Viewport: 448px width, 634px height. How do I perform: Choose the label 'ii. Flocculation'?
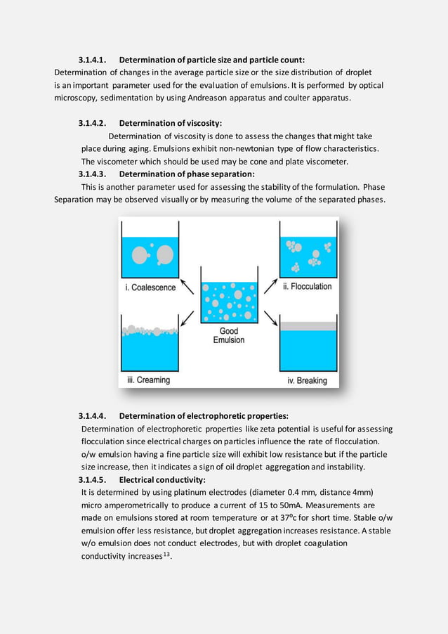tap(307, 287)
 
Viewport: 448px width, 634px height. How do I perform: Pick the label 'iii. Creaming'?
tap(148, 380)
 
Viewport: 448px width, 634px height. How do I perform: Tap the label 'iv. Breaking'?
tap(307, 380)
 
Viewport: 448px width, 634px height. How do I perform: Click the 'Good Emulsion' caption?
tap(229, 335)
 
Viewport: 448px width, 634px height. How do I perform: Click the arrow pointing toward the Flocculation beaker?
tap(271, 286)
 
